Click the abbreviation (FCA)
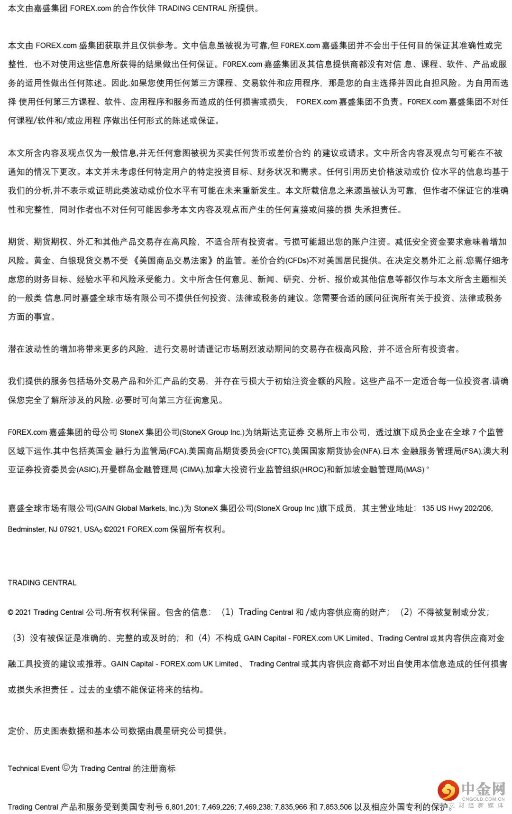pyautogui.click(x=176, y=451)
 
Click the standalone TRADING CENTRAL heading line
pyautogui.click(x=42, y=583)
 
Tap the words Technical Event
pyautogui.click(x=34, y=768)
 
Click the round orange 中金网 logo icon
pyautogui.click(x=448, y=790)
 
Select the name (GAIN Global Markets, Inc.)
pyautogui.click(x=138, y=508)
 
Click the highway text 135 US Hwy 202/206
pyautogui.click(x=457, y=508)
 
